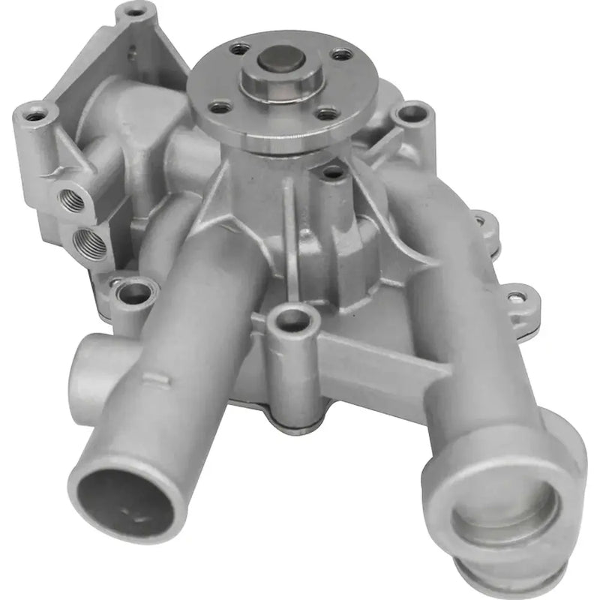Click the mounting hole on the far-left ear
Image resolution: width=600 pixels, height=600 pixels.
(x=34, y=115)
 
